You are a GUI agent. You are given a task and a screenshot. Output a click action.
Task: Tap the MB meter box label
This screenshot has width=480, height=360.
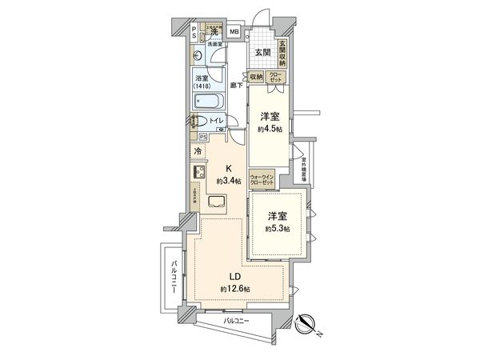point(234,32)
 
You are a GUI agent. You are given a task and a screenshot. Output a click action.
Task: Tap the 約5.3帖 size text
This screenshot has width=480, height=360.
point(278,229)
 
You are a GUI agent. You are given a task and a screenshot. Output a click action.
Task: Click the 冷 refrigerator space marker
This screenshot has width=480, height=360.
point(198,150)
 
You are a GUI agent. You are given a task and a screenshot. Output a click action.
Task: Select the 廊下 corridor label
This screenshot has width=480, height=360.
point(235,84)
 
